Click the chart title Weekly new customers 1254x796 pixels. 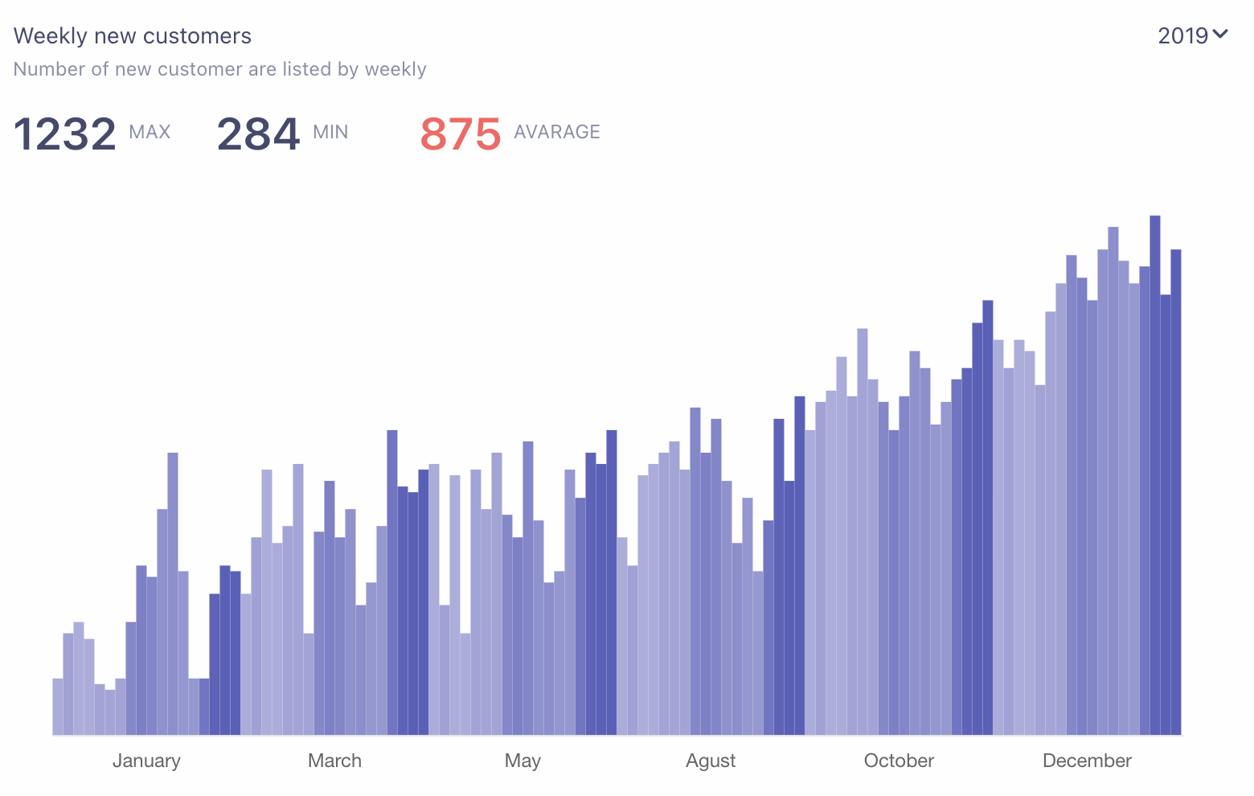coord(133,36)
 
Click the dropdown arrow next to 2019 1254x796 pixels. coord(1220,35)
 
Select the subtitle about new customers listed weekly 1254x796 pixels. coord(219,69)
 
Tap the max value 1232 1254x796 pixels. coord(65,133)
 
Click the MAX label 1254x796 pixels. coord(150,132)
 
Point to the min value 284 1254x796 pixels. coord(258,133)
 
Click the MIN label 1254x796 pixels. coord(330,132)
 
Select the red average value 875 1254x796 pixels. coord(461,133)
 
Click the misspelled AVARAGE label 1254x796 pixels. coord(557,132)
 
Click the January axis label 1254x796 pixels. coord(146,761)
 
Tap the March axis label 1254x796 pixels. coord(334,761)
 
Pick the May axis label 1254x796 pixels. coord(522,761)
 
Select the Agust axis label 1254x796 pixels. coord(711,761)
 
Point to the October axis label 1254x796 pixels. coord(899,761)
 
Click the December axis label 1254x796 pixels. coord(1087,761)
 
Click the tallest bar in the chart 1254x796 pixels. coord(1155,474)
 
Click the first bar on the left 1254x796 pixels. coord(58,708)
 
